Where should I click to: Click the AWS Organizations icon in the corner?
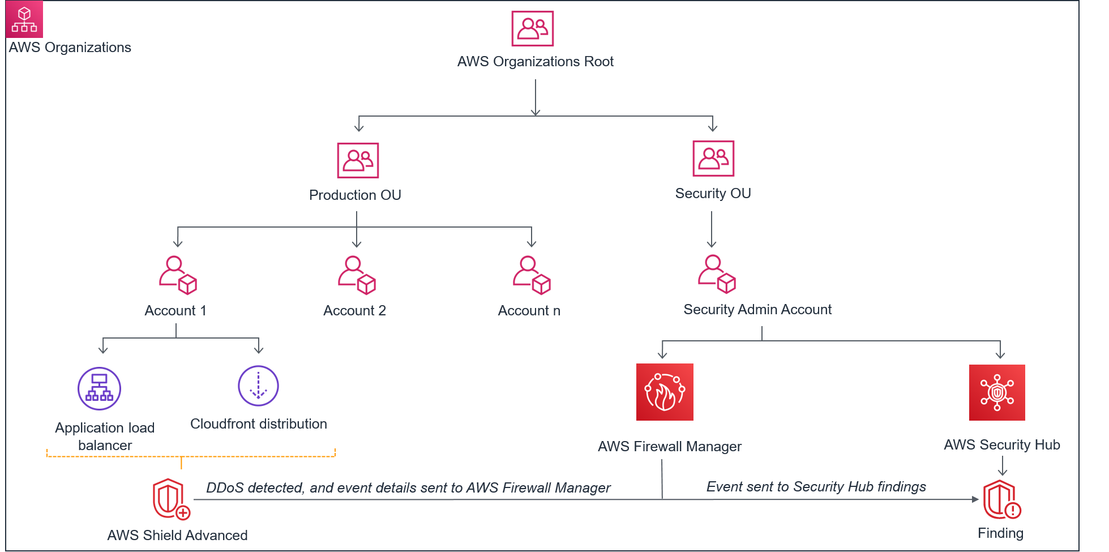click(24, 19)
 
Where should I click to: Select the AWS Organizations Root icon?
click(532, 28)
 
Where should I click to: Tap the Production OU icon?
click(358, 160)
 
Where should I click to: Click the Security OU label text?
click(713, 194)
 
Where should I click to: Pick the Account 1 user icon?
click(178, 275)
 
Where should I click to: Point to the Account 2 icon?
click(357, 275)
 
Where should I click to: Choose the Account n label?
click(529, 311)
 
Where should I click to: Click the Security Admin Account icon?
click(717, 274)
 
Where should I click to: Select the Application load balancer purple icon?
click(99, 388)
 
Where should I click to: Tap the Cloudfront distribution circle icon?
click(258, 386)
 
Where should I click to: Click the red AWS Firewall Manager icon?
click(665, 392)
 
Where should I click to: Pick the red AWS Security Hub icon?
click(997, 392)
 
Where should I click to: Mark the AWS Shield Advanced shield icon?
click(170, 499)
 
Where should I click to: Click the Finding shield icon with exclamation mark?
click(1001, 500)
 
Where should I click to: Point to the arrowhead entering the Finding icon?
click(975, 499)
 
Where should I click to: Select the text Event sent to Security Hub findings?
click(816, 487)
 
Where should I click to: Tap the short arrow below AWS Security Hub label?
click(1003, 466)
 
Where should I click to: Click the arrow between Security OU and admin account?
click(712, 230)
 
